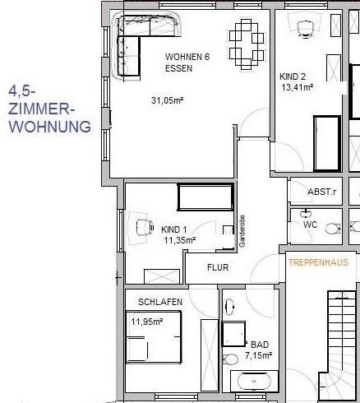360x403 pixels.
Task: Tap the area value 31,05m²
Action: point(168,100)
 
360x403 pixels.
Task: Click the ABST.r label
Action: point(321,192)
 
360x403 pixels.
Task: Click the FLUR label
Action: point(218,267)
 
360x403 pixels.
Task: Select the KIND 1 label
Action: point(175,229)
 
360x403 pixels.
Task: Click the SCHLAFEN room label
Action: point(160,302)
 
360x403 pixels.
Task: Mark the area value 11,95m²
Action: point(148,322)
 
